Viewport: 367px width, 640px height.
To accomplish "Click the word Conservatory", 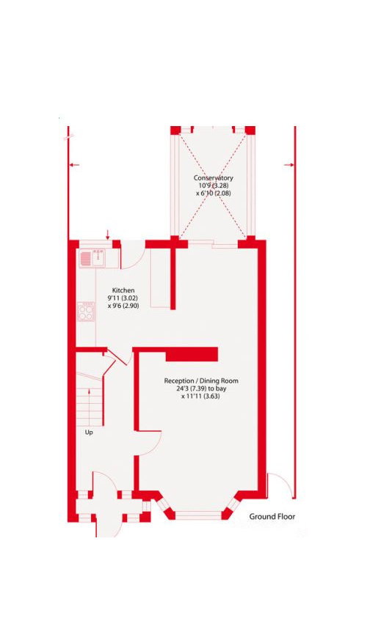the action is pos(214,178).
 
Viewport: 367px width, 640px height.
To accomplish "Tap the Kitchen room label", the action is pos(123,290).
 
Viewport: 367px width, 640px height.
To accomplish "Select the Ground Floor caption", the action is pos(272,516).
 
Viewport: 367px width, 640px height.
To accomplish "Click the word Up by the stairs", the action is pos(89,433).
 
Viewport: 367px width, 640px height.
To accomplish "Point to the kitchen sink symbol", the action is pos(92,257).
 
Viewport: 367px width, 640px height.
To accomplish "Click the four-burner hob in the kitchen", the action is pos(86,312).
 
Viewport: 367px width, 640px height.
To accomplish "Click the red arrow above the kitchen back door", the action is pos(107,235).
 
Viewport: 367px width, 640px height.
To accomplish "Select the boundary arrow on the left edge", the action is pos(74,165).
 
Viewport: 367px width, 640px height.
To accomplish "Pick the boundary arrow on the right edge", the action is pos(288,165).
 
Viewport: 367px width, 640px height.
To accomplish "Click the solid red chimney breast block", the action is pos(192,354).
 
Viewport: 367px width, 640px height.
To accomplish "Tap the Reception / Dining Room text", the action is pos(201,380).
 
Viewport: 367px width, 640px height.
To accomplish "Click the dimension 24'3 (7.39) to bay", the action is pos(200,389).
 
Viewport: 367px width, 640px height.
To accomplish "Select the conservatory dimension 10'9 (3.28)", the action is pos(214,185).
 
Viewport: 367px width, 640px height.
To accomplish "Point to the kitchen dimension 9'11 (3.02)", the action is pos(123,298).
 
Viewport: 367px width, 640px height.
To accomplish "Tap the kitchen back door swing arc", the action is pos(138,261).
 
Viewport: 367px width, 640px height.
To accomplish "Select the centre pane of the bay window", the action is pos(198,515).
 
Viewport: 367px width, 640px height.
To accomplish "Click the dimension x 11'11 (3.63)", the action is pos(200,397).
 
